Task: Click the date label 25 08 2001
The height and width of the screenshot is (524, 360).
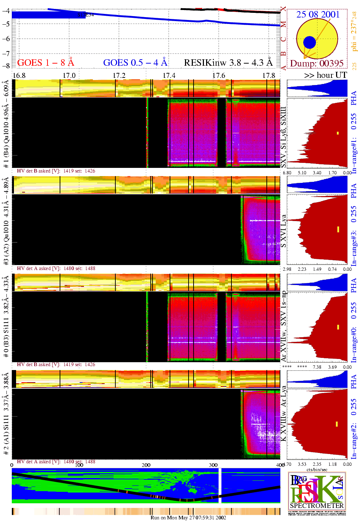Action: point(318,15)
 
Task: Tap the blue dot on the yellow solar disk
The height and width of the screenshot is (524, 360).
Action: point(309,43)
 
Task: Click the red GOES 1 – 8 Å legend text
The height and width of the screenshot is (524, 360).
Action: point(46,63)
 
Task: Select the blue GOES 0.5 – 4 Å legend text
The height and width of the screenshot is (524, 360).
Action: point(135,63)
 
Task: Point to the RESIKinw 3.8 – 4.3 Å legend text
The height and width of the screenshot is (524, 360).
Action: point(228,63)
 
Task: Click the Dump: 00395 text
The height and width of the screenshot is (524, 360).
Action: point(317,64)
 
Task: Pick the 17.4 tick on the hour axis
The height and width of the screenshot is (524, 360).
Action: point(169,75)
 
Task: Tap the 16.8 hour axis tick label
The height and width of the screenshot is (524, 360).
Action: point(19,75)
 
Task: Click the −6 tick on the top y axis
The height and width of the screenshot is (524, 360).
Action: point(6,39)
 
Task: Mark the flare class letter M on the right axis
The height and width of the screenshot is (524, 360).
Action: point(283,25)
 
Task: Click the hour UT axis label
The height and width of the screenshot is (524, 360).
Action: point(326,75)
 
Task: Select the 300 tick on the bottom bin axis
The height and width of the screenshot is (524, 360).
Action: point(213,465)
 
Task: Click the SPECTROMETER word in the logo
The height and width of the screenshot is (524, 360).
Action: point(317,505)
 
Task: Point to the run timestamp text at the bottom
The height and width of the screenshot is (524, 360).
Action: point(188,518)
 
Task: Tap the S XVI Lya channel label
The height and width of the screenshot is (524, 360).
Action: point(284,231)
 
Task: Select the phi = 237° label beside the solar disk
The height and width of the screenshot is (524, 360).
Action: point(354,31)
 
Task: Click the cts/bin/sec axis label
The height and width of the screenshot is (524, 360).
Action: point(317,470)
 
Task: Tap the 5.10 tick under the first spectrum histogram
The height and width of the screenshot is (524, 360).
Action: point(302,173)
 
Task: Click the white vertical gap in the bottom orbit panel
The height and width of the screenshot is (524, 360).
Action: point(220,486)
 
